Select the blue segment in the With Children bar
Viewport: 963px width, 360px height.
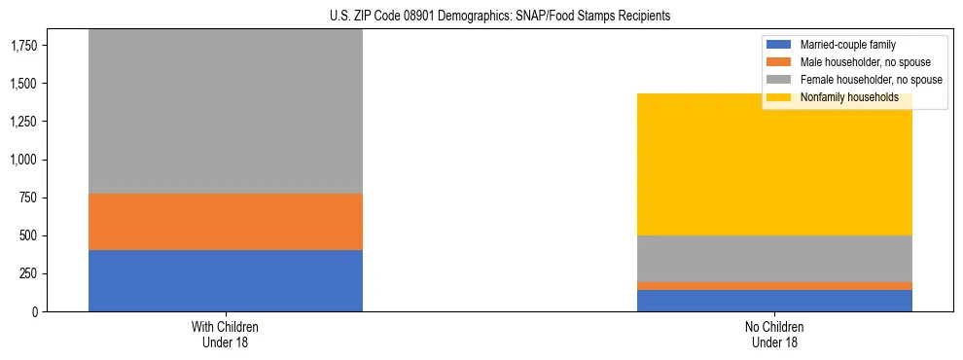[225, 280]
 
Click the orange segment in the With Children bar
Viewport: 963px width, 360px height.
[225, 222]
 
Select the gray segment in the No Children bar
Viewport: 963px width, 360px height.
[774, 259]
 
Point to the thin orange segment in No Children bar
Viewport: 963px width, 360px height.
[774, 286]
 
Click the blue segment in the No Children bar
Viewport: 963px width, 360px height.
[774, 301]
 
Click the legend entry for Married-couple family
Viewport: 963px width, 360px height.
[847, 45]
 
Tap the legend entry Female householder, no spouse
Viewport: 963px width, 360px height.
[871, 80]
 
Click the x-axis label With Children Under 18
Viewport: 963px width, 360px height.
[225, 334]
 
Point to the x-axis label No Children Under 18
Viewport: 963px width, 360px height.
[774, 334]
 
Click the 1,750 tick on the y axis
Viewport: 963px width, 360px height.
[23, 46]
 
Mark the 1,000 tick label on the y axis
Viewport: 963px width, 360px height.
[23, 160]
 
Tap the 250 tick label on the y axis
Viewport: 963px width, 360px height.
[29, 273]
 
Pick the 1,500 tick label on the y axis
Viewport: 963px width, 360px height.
[23, 84]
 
